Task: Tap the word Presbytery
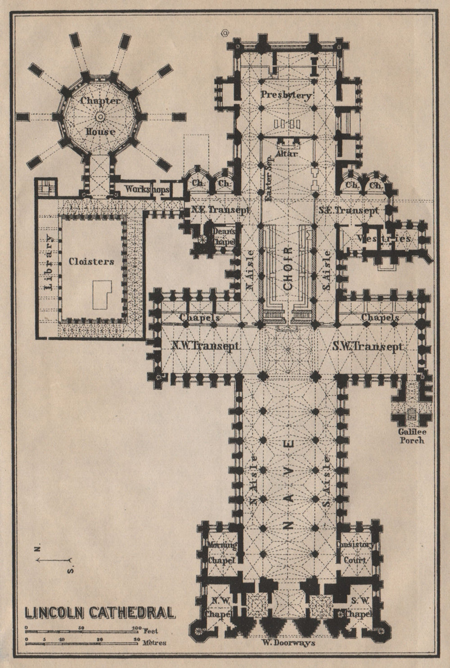[286, 95]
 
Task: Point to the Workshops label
[141, 190]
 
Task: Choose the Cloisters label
[91, 261]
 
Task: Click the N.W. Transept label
[205, 347]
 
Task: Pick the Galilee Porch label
[411, 436]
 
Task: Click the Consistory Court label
[355, 552]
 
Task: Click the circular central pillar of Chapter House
[100, 117]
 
